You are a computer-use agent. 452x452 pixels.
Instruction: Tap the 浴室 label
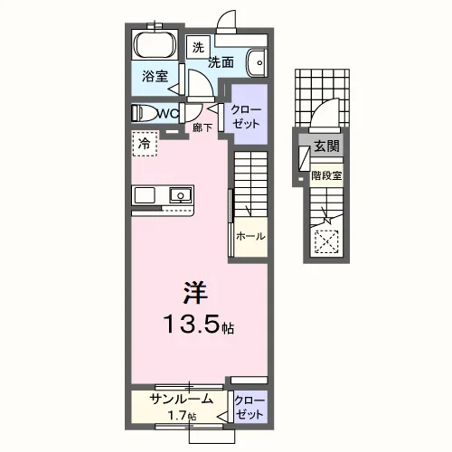(x=155, y=77)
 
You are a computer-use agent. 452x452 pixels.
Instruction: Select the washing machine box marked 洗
(x=198, y=47)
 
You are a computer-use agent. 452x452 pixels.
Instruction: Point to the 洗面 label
(x=221, y=62)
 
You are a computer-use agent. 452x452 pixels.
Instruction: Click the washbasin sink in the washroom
(x=258, y=63)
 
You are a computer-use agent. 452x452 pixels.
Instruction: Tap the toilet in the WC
(x=145, y=113)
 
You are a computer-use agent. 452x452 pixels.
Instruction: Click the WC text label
(x=168, y=114)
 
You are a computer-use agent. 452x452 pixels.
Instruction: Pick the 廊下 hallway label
(x=202, y=127)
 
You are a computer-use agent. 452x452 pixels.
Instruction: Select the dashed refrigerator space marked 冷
(x=145, y=144)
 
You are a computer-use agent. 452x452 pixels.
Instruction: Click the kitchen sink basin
(x=181, y=195)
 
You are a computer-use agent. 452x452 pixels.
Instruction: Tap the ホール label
(x=250, y=236)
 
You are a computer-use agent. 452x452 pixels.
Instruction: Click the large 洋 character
(x=195, y=293)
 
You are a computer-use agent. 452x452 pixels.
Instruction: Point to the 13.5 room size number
(x=192, y=325)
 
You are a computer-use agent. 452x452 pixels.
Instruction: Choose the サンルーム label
(x=182, y=400)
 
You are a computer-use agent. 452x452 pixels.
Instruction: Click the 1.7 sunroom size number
(x=177, y=416)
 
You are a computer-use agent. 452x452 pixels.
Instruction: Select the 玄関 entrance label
(x=326, y=146)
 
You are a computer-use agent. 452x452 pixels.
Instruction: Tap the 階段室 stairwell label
(x=326, y=175)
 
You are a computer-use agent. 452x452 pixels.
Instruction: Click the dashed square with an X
(x=326, y=241)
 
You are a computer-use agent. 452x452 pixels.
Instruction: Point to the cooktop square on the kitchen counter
(x=145, y=195)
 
